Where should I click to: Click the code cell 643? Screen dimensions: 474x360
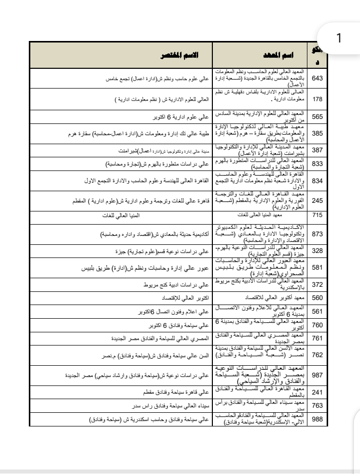[x=319, y=79]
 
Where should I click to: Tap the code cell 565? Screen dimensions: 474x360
[x=319, y=116]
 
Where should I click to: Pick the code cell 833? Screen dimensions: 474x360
[x=319, y=164]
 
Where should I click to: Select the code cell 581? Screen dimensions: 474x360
[x=319, y=269]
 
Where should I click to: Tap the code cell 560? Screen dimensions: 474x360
[x=319, y=298]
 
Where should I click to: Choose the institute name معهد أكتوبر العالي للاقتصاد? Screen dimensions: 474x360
[x=263, y=298]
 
